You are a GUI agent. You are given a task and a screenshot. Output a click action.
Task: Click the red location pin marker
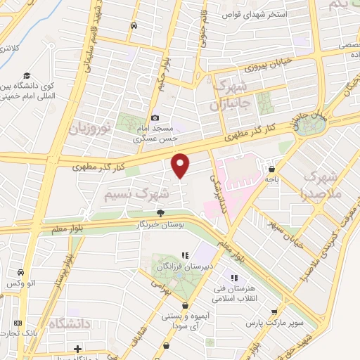point(181,165)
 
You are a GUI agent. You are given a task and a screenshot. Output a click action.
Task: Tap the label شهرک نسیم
point(138,191)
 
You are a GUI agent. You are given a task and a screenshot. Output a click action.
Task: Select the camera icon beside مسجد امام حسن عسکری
point(155,118)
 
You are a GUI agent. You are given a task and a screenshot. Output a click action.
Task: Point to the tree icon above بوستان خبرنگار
point(161,213)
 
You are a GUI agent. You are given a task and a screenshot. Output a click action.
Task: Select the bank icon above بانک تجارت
point(19,323)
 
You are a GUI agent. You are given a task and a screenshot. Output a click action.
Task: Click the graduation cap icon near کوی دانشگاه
point(27,75)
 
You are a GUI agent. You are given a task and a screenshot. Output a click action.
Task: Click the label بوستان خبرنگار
point(162,224)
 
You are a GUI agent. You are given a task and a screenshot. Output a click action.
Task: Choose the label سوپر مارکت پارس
point(264,325)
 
